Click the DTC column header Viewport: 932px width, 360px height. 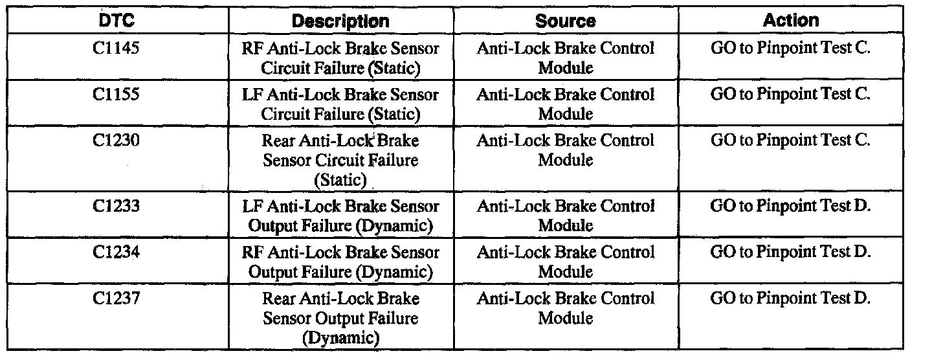[116, 21]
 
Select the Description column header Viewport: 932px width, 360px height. [340, 21]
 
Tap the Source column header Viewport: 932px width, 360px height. [565, 21]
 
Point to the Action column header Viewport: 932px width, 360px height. [790, 20]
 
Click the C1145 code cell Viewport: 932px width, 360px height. [116, 49]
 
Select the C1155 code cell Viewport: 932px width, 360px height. [116, 95]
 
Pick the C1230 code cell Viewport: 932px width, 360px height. [116, 141]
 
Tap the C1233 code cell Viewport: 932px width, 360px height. [116, 207]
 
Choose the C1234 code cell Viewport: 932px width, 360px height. [116, 253]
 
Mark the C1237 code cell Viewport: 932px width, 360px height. [116, 298]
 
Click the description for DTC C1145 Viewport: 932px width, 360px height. [340, 58]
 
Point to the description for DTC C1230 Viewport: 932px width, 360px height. [340, 159]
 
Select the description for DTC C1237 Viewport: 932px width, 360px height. [340, 318]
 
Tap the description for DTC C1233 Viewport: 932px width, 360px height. [340, 216]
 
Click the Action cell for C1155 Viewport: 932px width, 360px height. [790, 95]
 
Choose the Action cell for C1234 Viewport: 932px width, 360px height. [790, 253]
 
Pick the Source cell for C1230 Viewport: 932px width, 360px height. [565, 150]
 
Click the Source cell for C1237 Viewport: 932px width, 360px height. [565, 308]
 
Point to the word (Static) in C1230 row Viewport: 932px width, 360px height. [340, 179]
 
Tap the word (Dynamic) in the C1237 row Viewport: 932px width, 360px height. [340, 337]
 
